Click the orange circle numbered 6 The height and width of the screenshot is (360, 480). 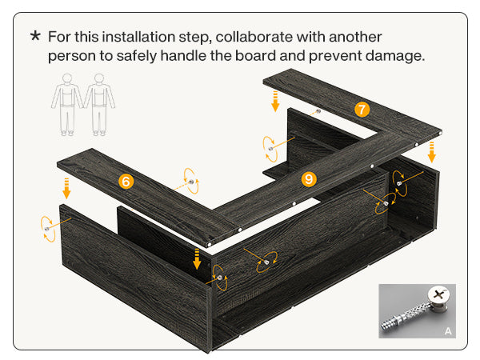126,182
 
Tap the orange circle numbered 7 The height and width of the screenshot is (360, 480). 362,110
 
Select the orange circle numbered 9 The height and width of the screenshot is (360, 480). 309,179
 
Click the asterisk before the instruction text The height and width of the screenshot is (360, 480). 35,35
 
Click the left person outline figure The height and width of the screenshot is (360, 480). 66,105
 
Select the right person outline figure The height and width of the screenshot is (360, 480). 99,105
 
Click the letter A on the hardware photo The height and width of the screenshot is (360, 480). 448,331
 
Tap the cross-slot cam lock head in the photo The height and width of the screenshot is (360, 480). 439,295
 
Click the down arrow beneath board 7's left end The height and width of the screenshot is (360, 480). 275,101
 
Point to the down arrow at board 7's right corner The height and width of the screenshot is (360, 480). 432,152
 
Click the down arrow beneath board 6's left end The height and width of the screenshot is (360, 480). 66,189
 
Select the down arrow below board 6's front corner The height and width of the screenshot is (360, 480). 197,259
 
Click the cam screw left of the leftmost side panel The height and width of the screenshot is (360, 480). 47,229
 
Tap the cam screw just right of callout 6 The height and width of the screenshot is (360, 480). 191,182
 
